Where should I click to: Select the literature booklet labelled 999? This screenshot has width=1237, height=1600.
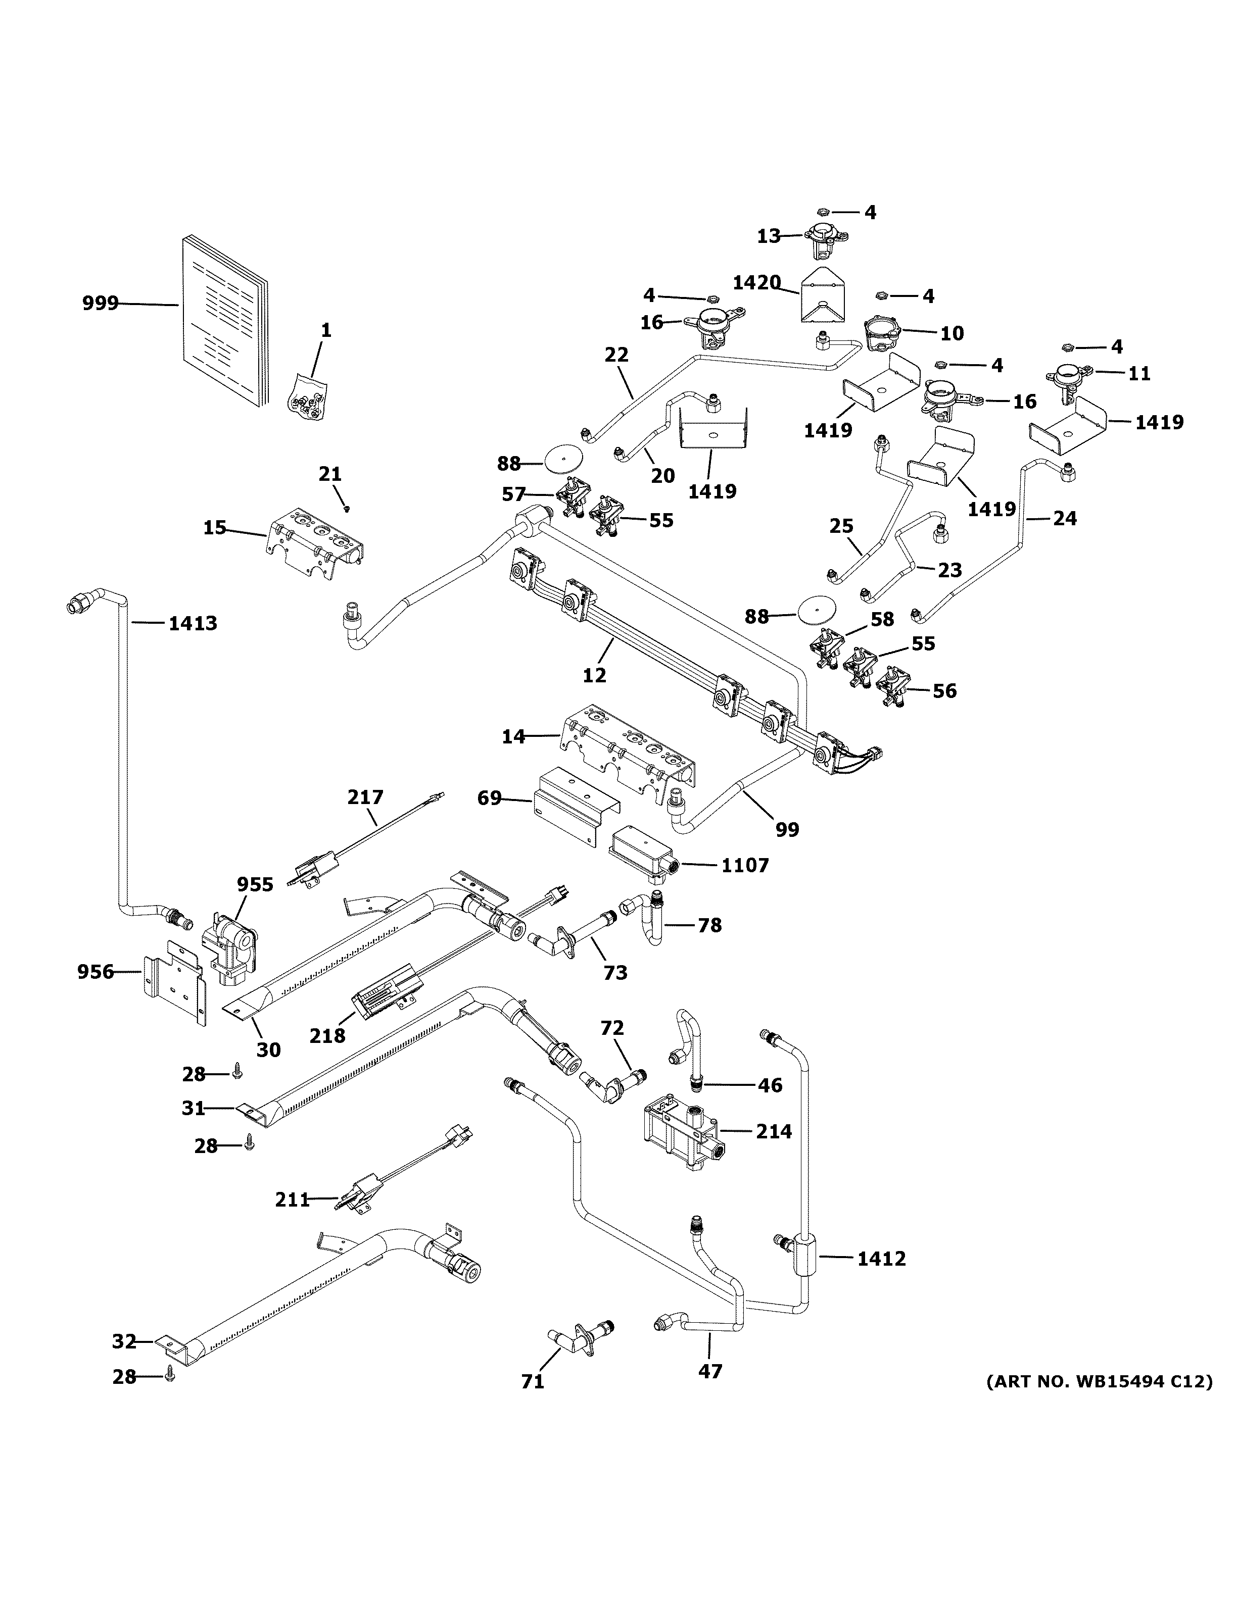(x=225, y=321)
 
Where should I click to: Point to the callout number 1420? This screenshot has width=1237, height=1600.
(x=757, y=282)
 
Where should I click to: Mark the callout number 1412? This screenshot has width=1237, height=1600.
(x=882, y=1259)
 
